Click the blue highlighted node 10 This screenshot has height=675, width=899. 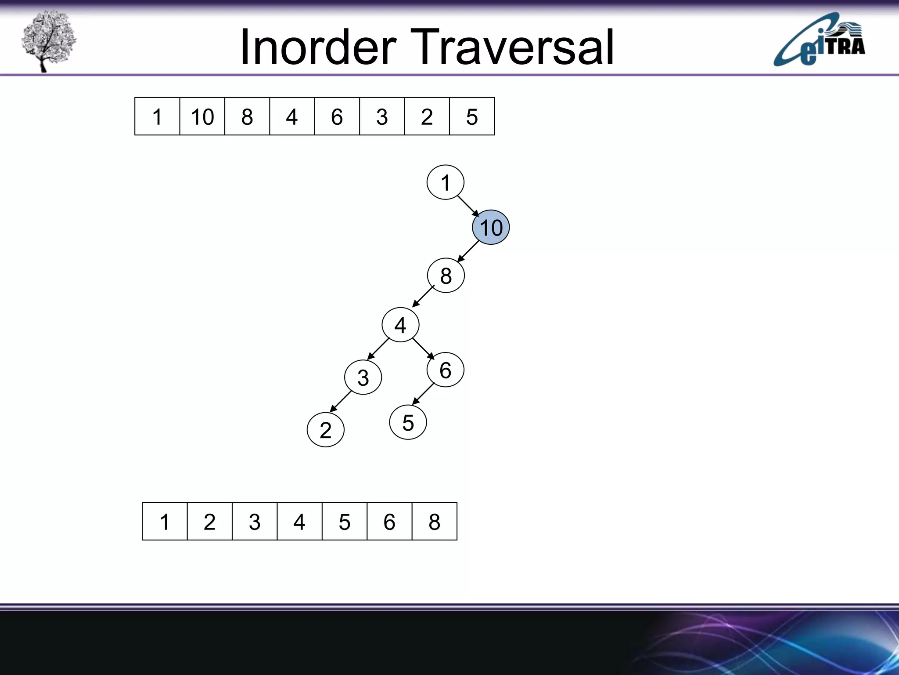pos(491,227)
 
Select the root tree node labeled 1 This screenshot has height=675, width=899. pos(446,182)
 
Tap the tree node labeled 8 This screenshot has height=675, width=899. pos(446,276)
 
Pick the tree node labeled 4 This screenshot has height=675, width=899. pos(400,325)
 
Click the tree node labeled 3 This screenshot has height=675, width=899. pos(363,377)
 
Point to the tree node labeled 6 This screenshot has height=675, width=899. pos(445,370)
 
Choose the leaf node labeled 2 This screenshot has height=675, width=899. pos(325,429)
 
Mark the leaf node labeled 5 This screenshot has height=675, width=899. pos(408,422)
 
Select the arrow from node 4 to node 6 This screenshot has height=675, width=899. pos(423,348)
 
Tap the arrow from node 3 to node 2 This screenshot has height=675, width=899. pos(341,401)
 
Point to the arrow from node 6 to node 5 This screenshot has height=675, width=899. pos(423,394)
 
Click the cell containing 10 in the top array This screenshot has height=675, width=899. pos(202,116)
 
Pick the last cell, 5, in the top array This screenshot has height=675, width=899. pos(472,116)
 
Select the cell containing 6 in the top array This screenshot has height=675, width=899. pos(337,116)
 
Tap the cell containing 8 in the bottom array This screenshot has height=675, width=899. pos(435,522)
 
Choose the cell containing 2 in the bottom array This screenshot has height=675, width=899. pos(210,522)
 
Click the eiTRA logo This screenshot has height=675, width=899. pos(819,40)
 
